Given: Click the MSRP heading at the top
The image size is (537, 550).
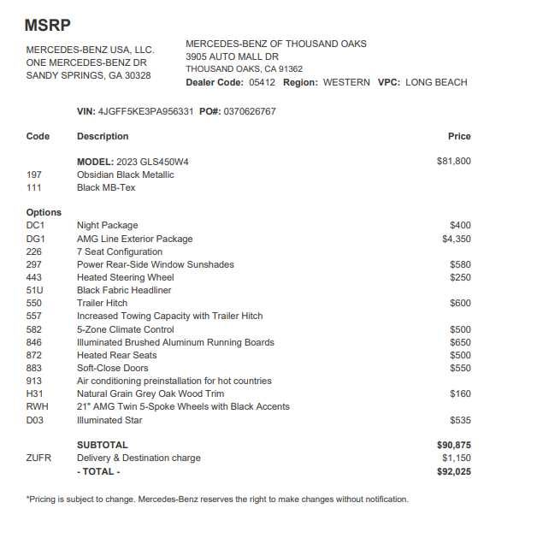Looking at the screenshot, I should click(x=48, y=27).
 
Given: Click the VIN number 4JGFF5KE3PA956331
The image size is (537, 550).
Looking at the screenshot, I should click(x=146, y=111).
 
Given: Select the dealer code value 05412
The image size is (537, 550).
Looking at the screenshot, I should click(x=263, y=82).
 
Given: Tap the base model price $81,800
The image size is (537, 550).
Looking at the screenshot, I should click(x=453, y=161).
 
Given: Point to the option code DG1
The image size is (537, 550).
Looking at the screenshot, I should click(x=36, y=239).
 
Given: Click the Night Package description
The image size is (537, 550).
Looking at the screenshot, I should click(x=107, y=226).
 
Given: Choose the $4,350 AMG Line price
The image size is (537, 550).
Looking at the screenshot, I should click(x=456, y=239).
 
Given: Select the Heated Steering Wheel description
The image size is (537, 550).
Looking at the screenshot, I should click(x=125, y=277).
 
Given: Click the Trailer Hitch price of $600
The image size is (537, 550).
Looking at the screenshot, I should click(x=460, y=303).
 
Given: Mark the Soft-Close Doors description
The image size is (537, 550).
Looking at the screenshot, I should click(x=113, y=368).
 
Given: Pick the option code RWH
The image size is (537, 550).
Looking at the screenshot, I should click(x=37, y=406).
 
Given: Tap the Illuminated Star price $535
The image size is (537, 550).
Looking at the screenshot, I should click(x=460, y=420).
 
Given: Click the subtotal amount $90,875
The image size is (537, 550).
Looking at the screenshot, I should click(x=453, y=445).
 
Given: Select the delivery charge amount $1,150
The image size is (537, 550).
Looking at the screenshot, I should click(x=456, y=458).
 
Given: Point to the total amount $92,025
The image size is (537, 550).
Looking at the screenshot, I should click(x=453, y=471).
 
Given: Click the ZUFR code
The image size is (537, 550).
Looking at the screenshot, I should click(x=38, y=458).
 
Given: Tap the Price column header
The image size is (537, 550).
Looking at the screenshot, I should click(x=459, y=136).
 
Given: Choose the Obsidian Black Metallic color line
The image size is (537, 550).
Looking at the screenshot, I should click(x=125, y=174).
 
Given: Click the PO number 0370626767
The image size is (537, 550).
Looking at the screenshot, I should click(x=250, y=111).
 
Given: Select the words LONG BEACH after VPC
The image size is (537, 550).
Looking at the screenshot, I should click(x=436, y=82).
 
